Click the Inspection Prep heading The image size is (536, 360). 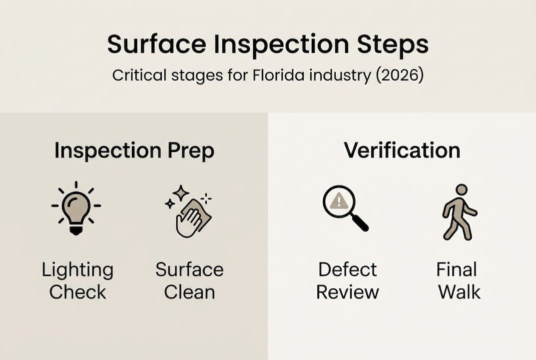134,150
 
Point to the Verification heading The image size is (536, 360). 402,150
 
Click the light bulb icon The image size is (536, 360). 76,208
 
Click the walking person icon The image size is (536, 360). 459,212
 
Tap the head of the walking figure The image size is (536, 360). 462,190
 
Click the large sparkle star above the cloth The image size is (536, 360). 180,193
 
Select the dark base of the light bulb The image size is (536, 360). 76,229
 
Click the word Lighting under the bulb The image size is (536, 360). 77,270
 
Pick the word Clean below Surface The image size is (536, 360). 189,292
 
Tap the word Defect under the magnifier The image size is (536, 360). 347,270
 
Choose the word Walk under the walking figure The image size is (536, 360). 459,292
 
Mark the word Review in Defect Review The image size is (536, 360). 347,292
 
